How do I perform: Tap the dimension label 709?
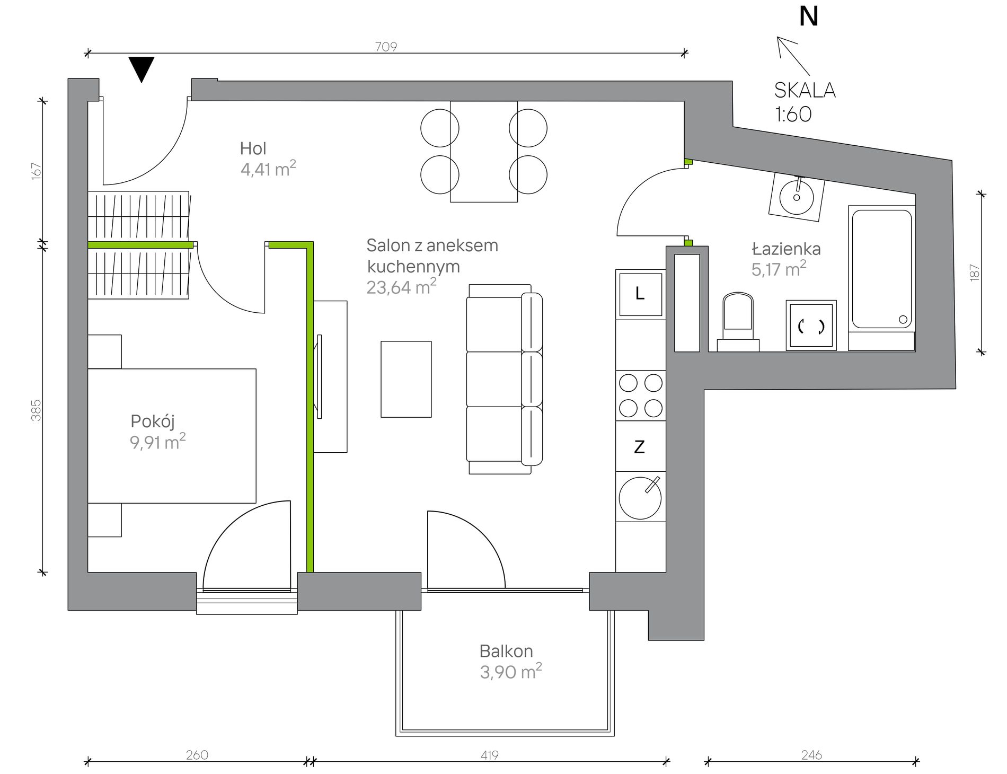pos(386,47)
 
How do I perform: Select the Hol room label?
pos(253,148)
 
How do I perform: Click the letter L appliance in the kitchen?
pos(640,294)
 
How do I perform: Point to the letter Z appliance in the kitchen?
pos(640,447)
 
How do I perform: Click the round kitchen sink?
pos(640,498)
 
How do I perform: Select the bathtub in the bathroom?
pos(882,278)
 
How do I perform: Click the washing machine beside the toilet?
pos(811,326)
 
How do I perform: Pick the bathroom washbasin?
pos(797,195)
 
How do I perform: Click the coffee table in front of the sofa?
pos(406,379)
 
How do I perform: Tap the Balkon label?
pos(506,651)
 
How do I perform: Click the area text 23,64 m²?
pos(401,287)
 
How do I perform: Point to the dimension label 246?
pos(811,754)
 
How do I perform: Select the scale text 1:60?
pos(793,114)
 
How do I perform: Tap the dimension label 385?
pos(36,410)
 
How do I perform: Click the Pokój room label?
pos(153,421)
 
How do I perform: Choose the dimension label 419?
pos(489,754)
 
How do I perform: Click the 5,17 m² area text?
pos(779,269)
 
